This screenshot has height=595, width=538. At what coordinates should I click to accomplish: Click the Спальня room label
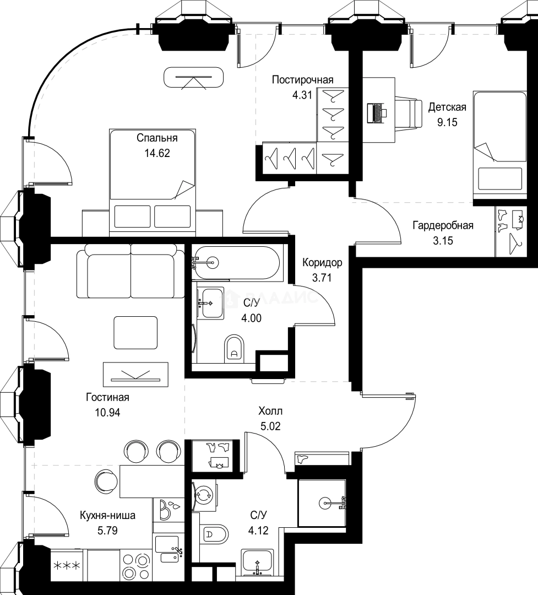(157, 138)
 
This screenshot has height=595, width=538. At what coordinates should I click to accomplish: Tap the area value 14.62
(157, 153)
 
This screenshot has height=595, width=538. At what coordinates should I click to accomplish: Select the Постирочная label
(303, 80)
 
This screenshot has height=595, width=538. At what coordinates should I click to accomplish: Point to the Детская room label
(447, 107)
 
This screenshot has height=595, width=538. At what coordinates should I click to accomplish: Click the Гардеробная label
(443, 226)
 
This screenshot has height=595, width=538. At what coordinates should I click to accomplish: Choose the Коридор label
(322, 263)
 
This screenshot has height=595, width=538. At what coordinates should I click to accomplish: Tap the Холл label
(270, 411)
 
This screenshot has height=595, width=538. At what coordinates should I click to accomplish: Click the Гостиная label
(108, 397)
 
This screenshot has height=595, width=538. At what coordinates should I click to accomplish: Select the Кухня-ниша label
(108, 515)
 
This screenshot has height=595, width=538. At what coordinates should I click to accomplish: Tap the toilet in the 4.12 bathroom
(215, 535)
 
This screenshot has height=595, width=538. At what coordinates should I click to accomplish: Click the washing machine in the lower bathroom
(204, 494)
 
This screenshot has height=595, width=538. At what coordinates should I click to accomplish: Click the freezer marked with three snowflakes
(67, 565)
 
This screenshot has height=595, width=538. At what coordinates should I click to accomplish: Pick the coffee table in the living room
(135, 333)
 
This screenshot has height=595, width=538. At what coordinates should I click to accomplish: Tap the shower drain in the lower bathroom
(325, 503)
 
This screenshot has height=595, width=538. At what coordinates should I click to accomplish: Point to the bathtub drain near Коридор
(213, 262)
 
